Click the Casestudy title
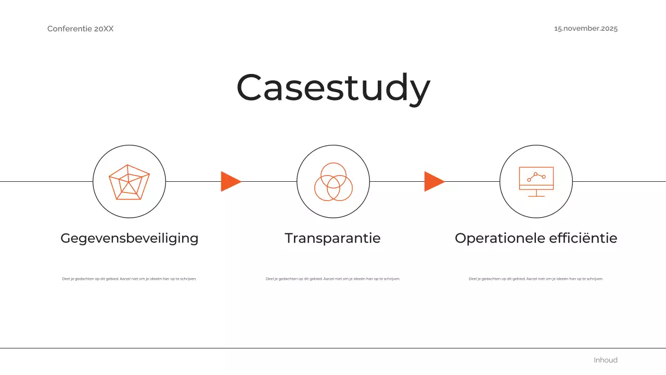point(333,87)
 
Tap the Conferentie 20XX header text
point(80,29)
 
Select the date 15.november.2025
point(586,29)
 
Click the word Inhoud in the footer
point(606,360)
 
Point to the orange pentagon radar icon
point(129,182)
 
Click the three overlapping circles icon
point(334,182)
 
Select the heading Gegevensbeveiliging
point(130,238)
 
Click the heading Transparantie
point(332,238)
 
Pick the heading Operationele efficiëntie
point(536,238)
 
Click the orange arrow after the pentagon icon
point(230,181)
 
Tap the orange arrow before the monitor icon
point(433,181)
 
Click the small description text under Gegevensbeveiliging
point(130,279)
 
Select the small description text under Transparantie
point(333,279)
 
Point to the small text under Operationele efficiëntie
point(536,279)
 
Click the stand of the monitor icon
point(536,193)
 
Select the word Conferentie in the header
point(70,29)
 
